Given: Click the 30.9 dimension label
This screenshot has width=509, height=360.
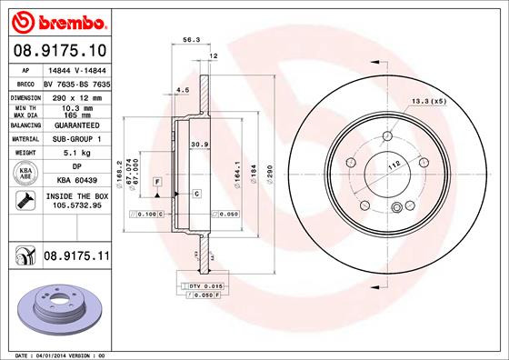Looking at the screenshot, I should pos(197,145).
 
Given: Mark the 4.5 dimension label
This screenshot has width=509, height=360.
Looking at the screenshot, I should pos(182,90).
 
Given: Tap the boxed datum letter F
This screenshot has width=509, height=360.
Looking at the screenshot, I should pos(156,183).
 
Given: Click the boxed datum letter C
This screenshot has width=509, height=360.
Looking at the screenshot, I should pos(195,194).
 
